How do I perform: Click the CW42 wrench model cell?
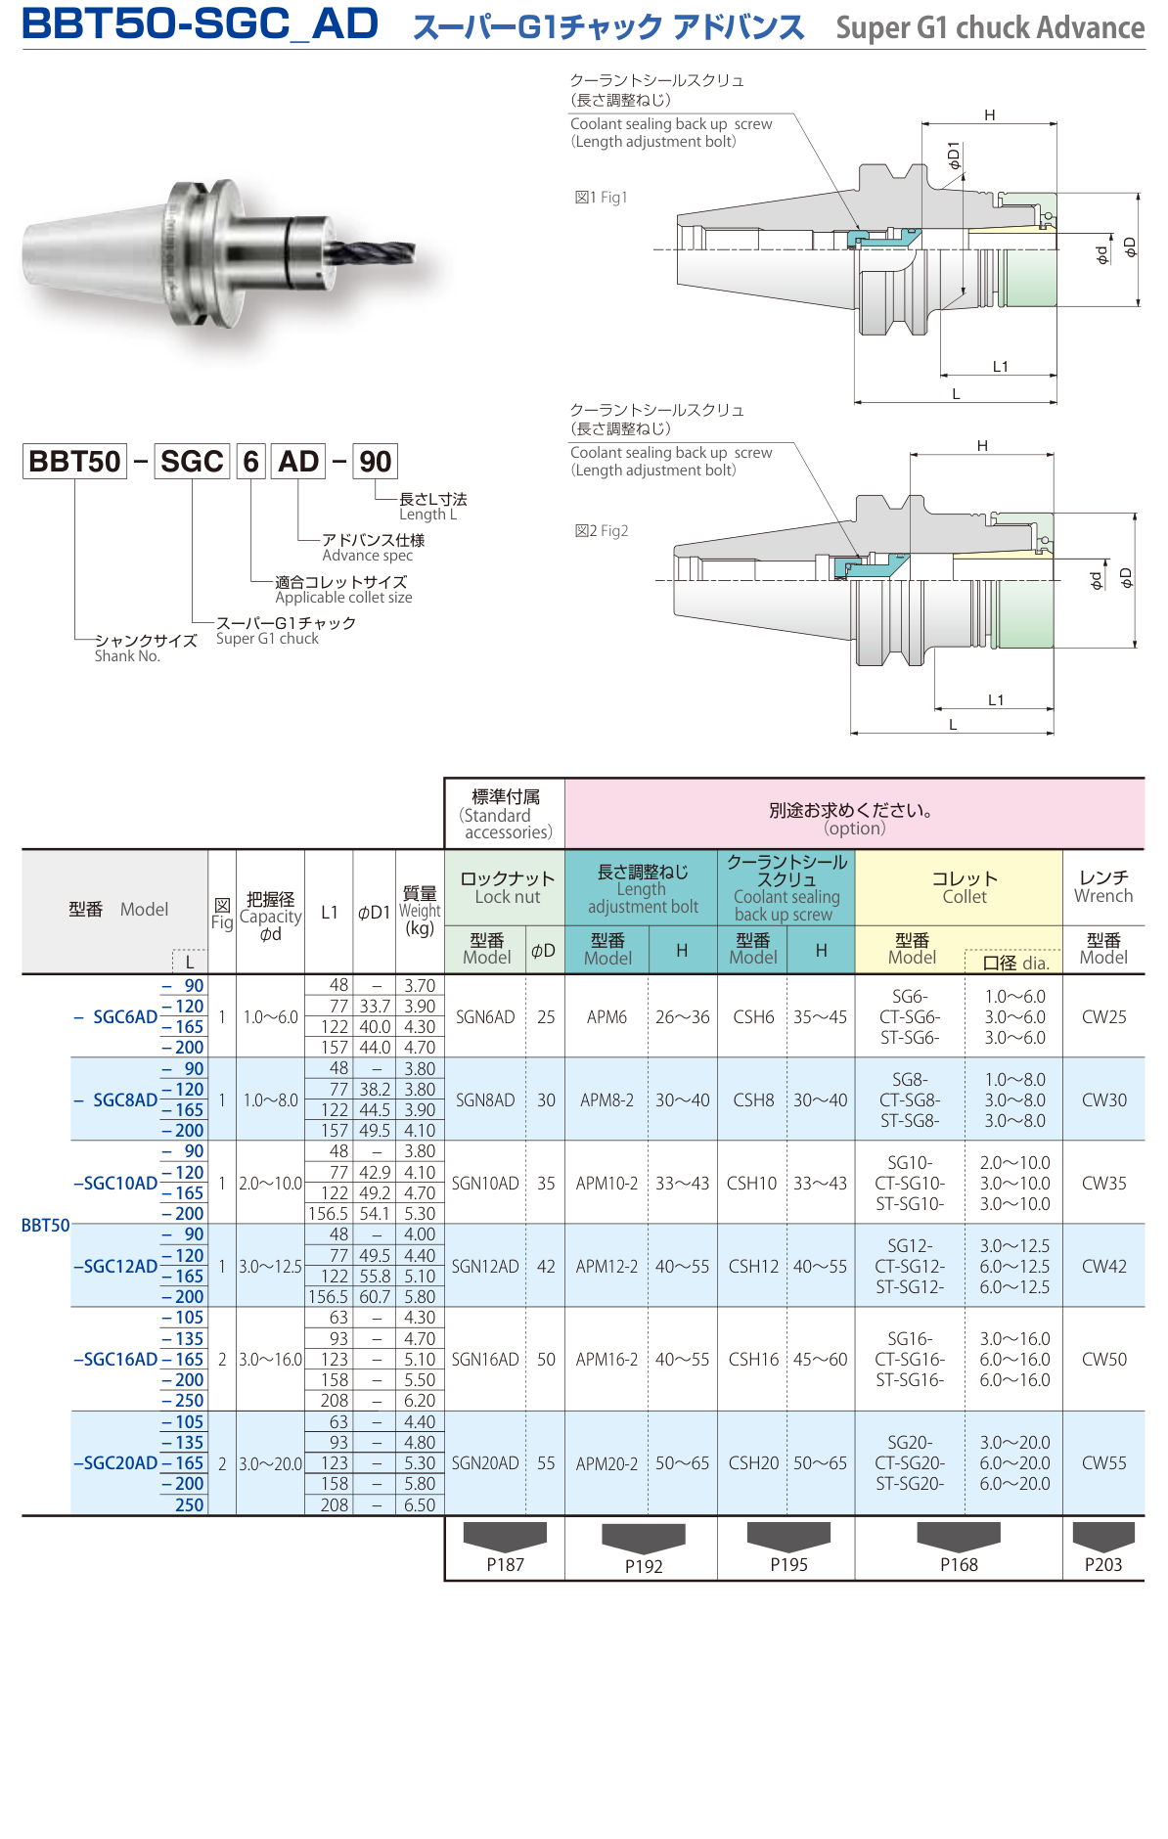(x=1103, y=1266)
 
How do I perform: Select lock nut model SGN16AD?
(x=485, y=1359)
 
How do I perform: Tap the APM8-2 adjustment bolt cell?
(x=606, y=1099)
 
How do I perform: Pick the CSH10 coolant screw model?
(x=751, y=1183)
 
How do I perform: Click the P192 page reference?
(x=644, y=1565)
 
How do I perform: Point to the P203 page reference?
(x=1103, y=1564)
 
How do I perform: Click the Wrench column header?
(x=1103, y=886)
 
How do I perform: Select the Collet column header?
(x=964, y=887)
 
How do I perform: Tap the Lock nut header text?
(x=507, y=887)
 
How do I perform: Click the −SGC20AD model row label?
(x=115, y=1462)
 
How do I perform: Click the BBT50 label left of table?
(x=45, y=1225)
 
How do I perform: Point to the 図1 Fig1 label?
(x=601, y=198)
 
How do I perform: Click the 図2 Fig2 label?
(x=602, y=531)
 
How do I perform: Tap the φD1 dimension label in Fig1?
(x=954, y=156)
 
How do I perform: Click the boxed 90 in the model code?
(x=375, y=461)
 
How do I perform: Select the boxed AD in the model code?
(x=298, y=461)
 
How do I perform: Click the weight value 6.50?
(x=420, y=1504)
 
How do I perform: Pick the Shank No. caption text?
(x=127, y=656)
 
